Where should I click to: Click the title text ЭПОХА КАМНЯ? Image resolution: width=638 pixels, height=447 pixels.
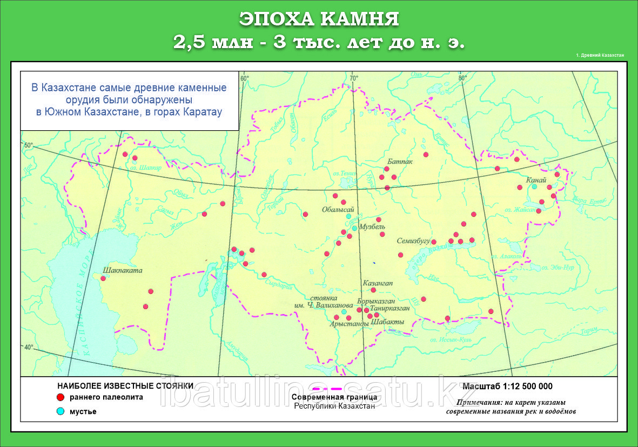tap(319, 19)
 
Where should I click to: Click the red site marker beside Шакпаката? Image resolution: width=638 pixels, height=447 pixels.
tap(103, 278)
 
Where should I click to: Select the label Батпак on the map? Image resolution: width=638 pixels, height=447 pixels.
tap(400, 162)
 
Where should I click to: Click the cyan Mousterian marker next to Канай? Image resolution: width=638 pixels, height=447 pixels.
tap(534, 186)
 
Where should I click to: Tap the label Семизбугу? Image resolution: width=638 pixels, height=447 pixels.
tap(413, 241)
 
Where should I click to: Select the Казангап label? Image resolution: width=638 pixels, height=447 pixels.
tap(378, 283)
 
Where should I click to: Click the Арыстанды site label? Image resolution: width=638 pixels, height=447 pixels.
tap(349, 324)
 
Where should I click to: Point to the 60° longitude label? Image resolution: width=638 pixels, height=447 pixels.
tap(244, 78)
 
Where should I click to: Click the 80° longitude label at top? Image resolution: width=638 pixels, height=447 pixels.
tap(463, 78)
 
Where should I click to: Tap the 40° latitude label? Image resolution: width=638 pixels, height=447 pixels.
tap(28, 347)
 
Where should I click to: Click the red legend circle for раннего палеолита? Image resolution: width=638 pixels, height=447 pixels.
tap(61, 397)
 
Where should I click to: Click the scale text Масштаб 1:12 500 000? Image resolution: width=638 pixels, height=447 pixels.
tap(507, 386)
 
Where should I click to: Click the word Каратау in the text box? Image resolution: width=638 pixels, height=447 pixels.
tap(202, 112)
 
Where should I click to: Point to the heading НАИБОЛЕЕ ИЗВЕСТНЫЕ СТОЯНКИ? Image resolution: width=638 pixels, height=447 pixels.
tap(125, 386)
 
